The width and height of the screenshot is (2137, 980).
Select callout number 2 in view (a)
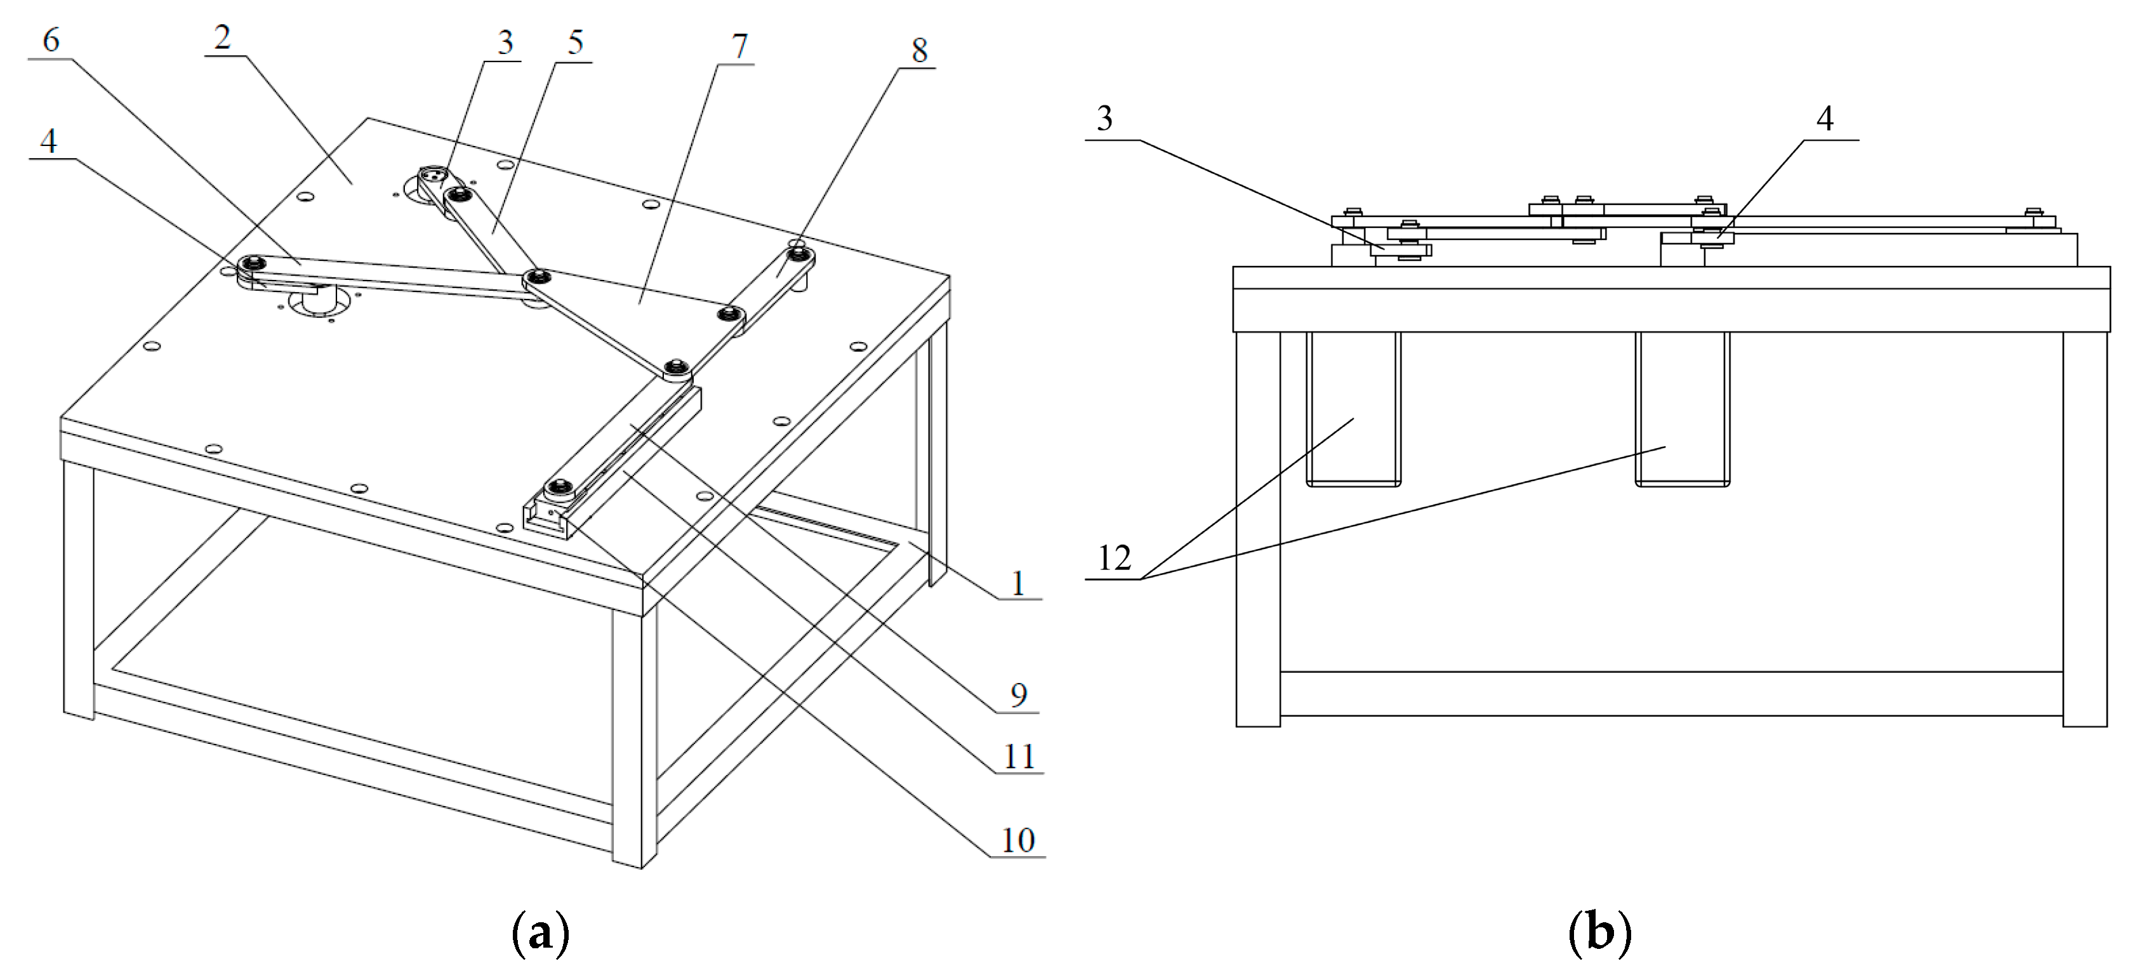click(x=222, y=37)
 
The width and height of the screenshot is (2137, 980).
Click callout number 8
click(x=919, y=51)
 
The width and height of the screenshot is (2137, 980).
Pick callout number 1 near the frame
click(x=1018, y=583)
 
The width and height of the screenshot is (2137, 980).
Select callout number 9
click(x=1018, y=694)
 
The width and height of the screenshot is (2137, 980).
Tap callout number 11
click(x=1019, y=756)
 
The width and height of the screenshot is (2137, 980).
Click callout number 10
click(x=1018, y=840)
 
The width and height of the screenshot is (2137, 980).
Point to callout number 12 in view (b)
click(x=1113, y=559)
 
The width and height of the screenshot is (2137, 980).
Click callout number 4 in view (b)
click(x=1824, y=119)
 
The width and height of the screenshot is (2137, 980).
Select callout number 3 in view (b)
click(x=1104, y=119)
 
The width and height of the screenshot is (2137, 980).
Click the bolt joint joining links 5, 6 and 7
click(x=538, y=276)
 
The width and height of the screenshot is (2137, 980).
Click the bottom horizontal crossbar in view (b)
click(x=1671, y=694)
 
